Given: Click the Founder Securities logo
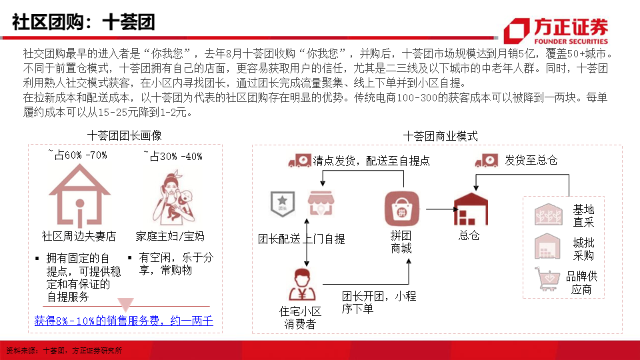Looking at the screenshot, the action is tap(556, 31).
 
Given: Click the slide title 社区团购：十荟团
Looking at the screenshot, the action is tap(83, 22).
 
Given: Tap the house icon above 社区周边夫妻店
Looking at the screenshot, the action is tap(79, 195).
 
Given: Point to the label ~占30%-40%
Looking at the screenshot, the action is tap(173, 156).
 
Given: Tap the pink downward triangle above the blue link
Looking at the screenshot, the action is tap(125, 304).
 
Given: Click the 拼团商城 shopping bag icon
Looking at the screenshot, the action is tap(402, 209).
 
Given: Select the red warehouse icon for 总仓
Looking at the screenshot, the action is tap(471, 209).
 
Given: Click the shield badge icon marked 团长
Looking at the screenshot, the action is tap(283, 203).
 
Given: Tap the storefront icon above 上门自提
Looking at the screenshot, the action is tap(321, 203).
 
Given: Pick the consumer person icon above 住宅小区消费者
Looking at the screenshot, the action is tap(301, 284).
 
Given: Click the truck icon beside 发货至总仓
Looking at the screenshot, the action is tap(487, 161).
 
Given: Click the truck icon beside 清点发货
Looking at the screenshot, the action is tap(299, 161).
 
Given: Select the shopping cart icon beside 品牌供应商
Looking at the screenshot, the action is tap(547, 279).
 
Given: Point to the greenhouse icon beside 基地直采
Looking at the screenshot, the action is tap(549, 214).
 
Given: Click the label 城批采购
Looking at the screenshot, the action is tap(583, 249).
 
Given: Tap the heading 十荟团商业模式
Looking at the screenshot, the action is tap(441, 136).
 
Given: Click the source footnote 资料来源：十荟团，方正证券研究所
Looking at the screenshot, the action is tap(64, 351).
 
